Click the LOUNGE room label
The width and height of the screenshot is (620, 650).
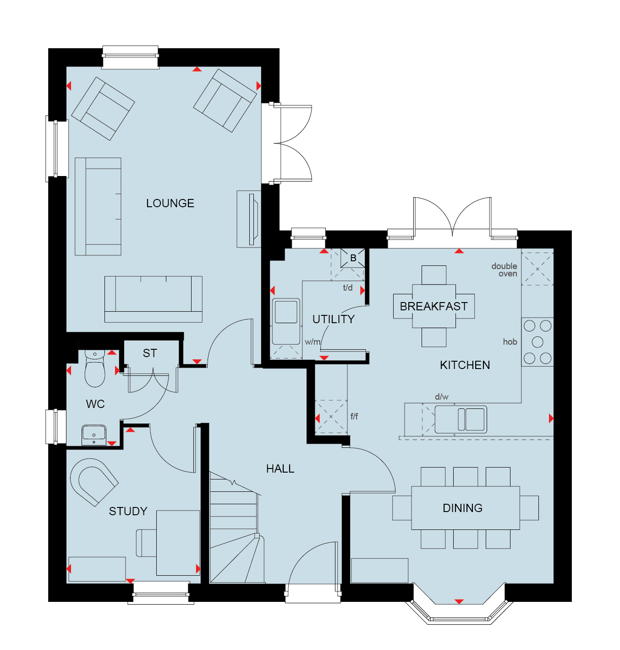170,203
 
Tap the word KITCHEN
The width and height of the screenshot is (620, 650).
465,365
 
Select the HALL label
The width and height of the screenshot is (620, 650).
280,468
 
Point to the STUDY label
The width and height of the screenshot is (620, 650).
128,511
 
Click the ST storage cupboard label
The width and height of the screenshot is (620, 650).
150,353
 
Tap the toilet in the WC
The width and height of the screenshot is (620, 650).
95,369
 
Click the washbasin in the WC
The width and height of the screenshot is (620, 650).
94,435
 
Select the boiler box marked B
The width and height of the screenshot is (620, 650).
353,258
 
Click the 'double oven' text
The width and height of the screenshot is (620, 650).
504,270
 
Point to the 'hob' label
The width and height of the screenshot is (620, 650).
510,342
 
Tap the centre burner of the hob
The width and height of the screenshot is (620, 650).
538,342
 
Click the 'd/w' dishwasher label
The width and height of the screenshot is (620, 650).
442,397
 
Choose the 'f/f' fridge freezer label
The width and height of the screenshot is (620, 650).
354,416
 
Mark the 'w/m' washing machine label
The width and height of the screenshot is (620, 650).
313,342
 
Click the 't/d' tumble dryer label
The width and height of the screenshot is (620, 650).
348,287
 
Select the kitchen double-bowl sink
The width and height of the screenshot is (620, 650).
461,419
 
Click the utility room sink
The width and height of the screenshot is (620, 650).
286,321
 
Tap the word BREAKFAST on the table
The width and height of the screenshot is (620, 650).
433,307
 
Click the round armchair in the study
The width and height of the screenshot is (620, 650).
94,482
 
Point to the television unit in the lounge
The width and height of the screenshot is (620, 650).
249,219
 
